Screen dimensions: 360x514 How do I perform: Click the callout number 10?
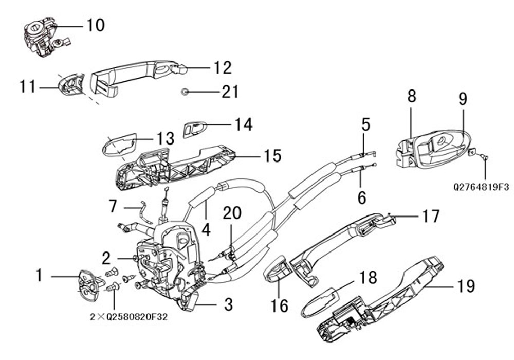pos(95,25)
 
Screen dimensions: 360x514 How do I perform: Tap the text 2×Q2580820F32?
pos(128,317)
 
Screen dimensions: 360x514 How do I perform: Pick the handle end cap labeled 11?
pos(71,83)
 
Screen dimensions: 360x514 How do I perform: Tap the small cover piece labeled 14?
pos(194,129)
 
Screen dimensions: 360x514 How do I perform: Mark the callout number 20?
pos(231,213)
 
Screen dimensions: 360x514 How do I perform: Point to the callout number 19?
pos(466,286)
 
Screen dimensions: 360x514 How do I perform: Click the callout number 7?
pos(113,207)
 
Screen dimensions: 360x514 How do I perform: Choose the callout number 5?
pos(365,124)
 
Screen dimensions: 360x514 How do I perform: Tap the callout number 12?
pos(223,68)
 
